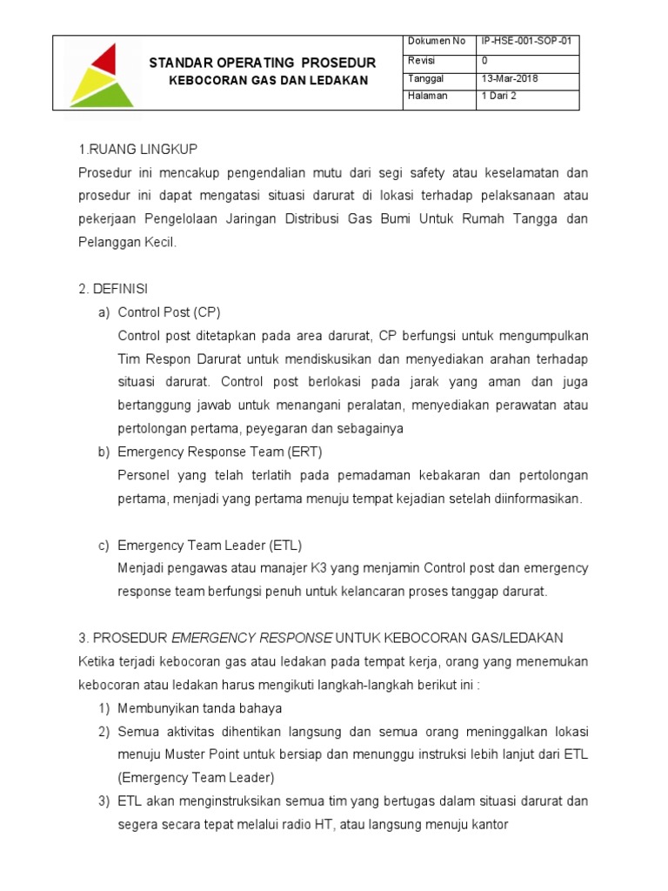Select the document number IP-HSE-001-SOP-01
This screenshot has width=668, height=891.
[527, 42]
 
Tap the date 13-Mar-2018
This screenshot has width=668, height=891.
[510, 78]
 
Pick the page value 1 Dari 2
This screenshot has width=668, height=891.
[498, 96]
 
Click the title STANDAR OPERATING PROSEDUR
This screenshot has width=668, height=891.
[263, 63]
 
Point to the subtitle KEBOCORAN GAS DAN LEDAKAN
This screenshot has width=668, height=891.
[267, 80]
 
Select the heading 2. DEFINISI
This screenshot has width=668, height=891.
[113, 288]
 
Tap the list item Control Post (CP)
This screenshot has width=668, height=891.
[170, 312]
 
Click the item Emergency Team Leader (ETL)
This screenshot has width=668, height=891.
[209, 546]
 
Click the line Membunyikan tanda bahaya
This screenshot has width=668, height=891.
[199, 708]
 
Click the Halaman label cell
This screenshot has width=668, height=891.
[427, 96]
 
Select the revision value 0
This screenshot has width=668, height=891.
[484, 60]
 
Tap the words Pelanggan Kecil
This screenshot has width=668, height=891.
[127, 243]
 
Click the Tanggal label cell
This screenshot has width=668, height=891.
[424, 78]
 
